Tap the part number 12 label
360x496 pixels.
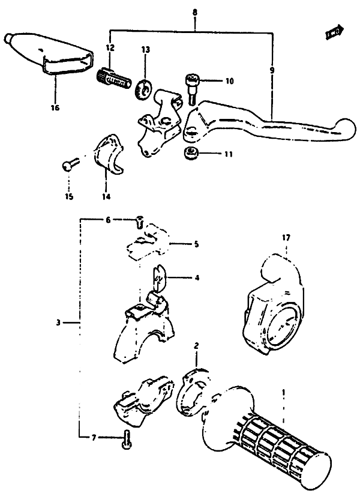(x=109, y=46)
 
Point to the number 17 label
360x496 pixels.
(x=286, y=238)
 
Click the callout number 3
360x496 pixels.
(x=58, y=322)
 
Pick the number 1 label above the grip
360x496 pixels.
(x=283, y=392)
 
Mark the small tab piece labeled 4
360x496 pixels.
(x=157, y=277)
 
